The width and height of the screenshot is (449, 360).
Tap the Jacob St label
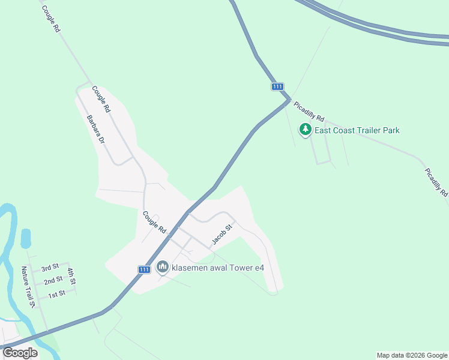[x=221, y=235]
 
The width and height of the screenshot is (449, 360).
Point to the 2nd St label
[x=53, y=280]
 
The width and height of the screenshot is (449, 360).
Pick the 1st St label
[x=56, y=294]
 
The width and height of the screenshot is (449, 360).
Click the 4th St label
[x=71, y=276]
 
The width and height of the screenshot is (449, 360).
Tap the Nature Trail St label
[x=29, y=287]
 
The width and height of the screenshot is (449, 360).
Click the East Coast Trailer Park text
[x=357, y=130]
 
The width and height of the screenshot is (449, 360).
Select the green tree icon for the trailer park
[x=306, y=130]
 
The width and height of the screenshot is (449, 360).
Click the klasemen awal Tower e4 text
[x=218, y=268]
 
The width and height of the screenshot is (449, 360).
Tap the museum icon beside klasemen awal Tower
[x=162, y=267]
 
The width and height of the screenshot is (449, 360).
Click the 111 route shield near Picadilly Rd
[x=277, y=87]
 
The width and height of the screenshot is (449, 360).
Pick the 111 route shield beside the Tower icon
[x=144, y=269]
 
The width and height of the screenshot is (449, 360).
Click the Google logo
[x=20, y=353]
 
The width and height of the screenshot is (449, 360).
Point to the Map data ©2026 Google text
[x=412, y=355]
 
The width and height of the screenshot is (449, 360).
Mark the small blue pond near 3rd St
[x=26, y=238]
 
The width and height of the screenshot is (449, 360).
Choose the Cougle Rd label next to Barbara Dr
[x=101, y=100]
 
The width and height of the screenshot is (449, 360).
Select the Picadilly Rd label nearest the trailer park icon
[x=309, y=110]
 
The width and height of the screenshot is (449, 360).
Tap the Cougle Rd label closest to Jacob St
[x=154, y=222]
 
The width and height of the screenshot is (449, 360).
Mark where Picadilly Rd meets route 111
[x=289, y=100]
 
